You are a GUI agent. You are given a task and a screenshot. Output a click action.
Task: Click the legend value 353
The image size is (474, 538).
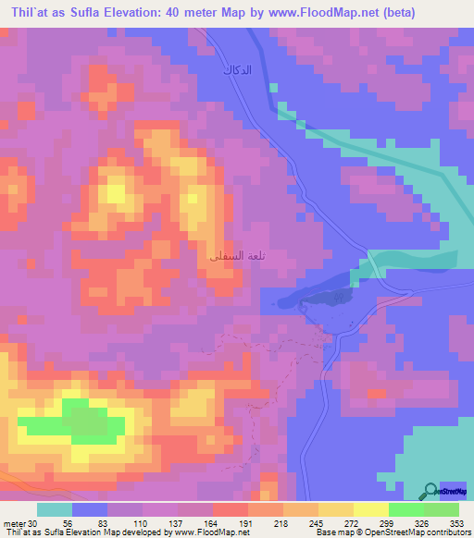pyautogui.click(x=455, y=522)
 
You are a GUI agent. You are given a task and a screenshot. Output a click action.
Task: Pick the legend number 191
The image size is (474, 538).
pyautogui.click(x=245, y=522)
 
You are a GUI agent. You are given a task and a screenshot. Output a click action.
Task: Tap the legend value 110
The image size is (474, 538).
pyautogui.click(x=140, y=522)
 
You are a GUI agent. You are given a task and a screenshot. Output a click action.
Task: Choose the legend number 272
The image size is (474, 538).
pyautogui.click(x=351, y=522)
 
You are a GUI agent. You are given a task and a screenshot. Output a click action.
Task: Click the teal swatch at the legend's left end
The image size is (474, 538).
pyautogui.click(x=55, y=509)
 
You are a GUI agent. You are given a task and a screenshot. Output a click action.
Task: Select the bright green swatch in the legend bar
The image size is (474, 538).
pyautogui.click(x=406, y=509)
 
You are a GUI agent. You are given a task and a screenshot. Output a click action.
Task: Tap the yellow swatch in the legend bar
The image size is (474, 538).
pyautogui.click(x=370, y=509)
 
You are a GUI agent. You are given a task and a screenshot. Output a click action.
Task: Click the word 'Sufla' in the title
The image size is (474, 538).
pyautogui.click(x=79, y=13)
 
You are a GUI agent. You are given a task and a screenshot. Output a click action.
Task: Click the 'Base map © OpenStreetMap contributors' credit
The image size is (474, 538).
pyautogui.click(x=392, y=532)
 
